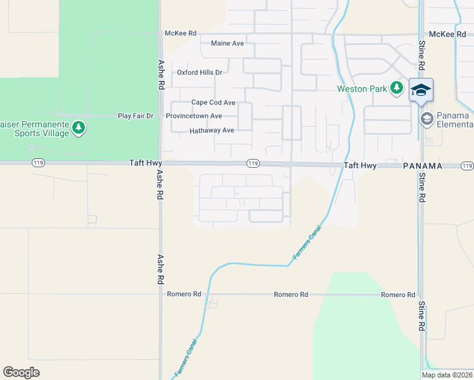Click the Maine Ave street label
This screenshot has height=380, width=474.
point(227,44)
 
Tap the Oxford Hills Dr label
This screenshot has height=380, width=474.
point(200,72)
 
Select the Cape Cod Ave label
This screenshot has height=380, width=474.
point(213,103)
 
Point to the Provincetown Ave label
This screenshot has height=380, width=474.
point(194,116)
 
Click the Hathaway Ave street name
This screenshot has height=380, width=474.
point(212,131)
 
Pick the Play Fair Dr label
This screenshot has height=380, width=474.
point(136,116)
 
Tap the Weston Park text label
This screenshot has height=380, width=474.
point(362,89)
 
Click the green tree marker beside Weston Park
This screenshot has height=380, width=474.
point(397,87)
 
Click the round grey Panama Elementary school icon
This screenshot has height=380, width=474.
point(427,118)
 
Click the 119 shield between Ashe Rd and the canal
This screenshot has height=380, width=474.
point(253,164)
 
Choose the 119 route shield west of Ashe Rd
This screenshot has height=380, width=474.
point(37,163)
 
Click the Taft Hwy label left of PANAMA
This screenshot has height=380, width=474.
point(360,166)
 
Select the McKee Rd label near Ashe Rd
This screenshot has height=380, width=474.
point(181,33)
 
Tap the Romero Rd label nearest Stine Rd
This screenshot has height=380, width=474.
point(398,295)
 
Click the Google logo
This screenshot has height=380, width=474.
point(22,372)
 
